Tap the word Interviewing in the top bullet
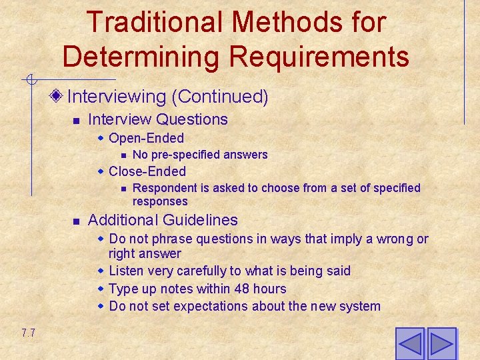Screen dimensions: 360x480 point(117,97)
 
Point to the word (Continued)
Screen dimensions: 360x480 point(220,97)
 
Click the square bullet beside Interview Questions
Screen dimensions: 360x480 point(77,121)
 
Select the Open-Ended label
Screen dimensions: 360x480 point(146,138)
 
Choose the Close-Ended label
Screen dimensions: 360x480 point(147,171)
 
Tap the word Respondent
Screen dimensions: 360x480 point(162,188)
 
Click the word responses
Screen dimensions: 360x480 point(160,201)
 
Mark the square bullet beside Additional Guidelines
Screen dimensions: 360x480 point(77,221)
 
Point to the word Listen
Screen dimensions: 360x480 point(127,271)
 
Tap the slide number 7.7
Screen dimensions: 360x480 point(28,333)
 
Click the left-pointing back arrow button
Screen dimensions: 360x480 point(409,343)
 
